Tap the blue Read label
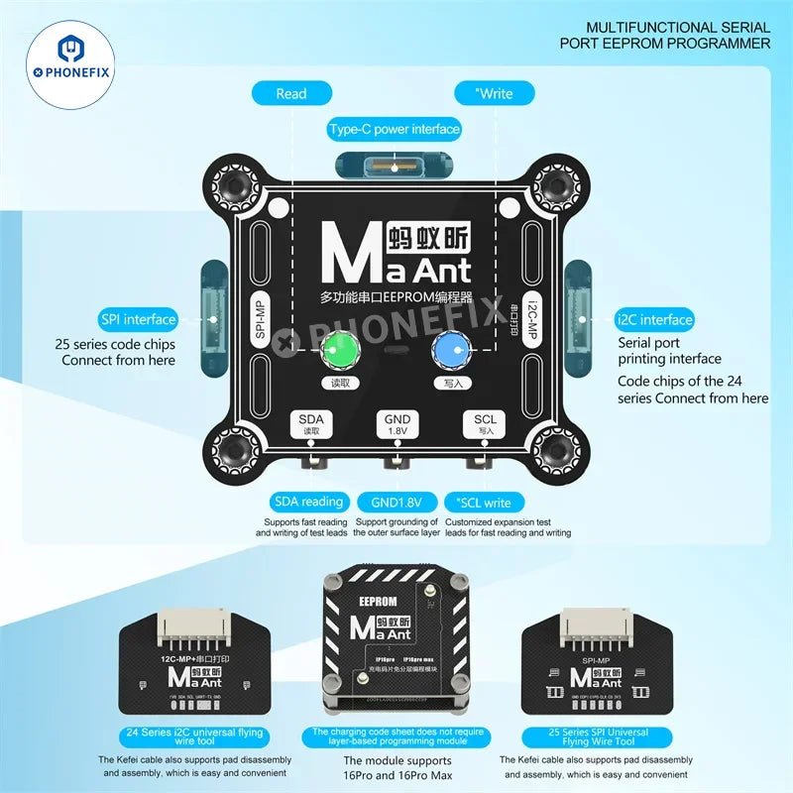click(291, 93)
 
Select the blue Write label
click(494, 93)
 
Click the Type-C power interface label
click(395, 129)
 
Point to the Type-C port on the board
click(395, 166)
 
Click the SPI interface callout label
click(137, 319)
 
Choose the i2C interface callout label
click(654, 319)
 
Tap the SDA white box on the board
click(311, 424)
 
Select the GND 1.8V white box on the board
click(396, 424)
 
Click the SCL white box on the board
click(486, 424)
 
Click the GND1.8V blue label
click(396, 502)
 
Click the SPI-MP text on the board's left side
click(260, 319)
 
